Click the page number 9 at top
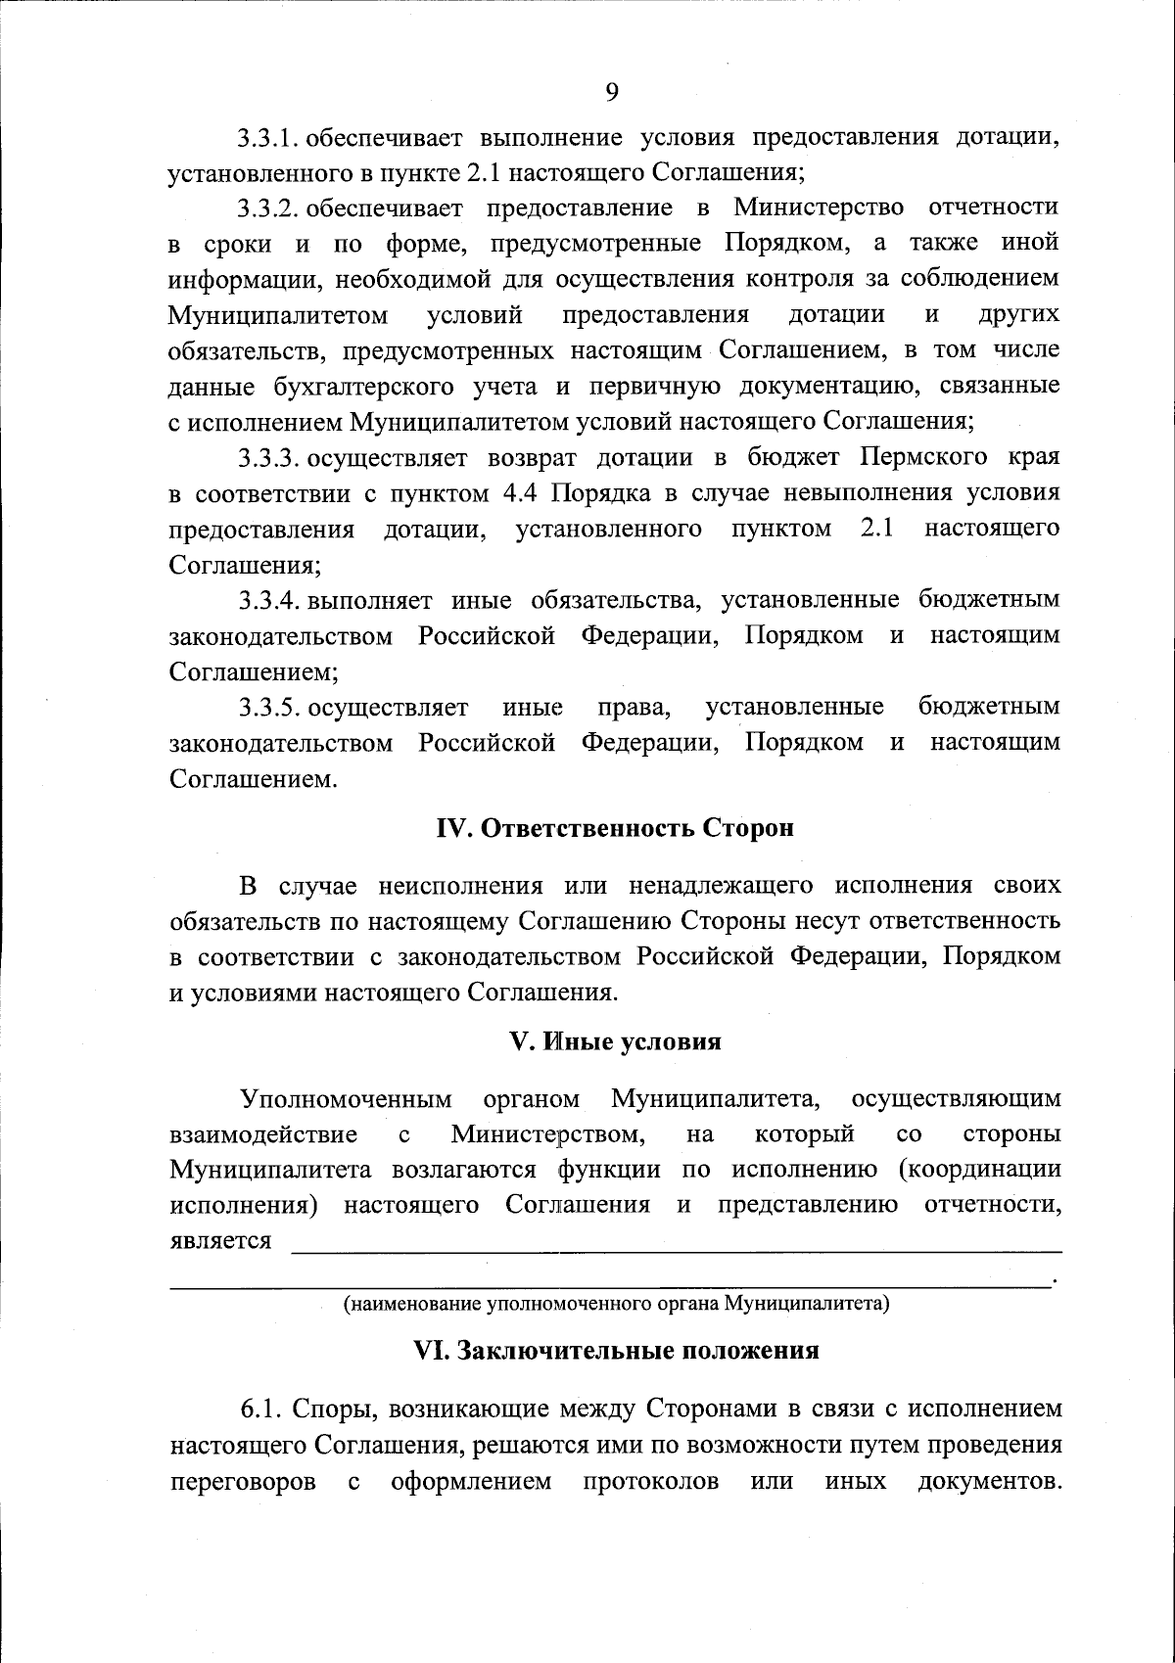coord(612,92)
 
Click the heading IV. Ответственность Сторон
coord(614,828)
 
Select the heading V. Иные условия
coord(615,1041)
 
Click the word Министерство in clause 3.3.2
coord(818,208)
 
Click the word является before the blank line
coord(220,1241)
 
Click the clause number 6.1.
coord(261,1409)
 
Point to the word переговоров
coord(243,1481)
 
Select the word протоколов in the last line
coord(650,1481)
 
